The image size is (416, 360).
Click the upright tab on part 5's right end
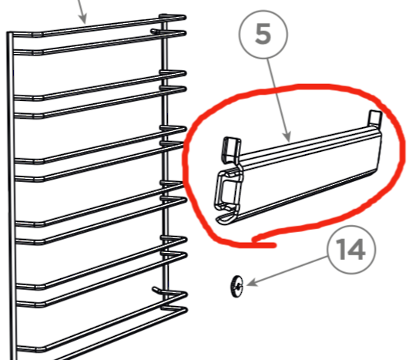tap(375, 119)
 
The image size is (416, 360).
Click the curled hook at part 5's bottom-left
tap(223, 219)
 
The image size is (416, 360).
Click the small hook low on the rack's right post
tap(157, 288)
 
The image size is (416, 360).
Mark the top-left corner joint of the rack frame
tap(10, 35)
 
